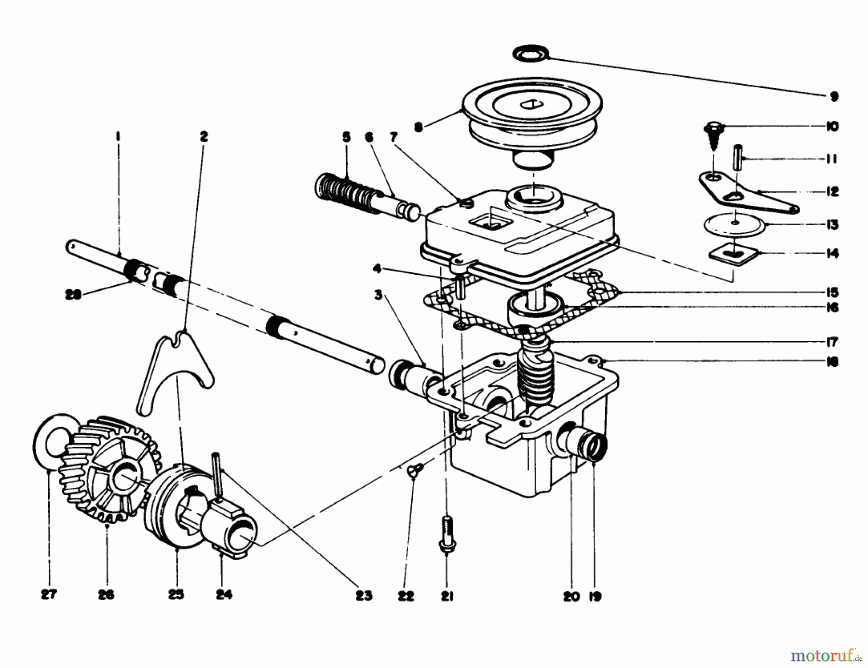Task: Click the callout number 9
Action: pyautogui.click(x=834, y=96)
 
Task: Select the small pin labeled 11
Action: pyautogui.click(x=737, y=157)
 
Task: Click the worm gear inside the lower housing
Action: pyautogui.click(x=534, y=374)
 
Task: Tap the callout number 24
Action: pyautogui.click(x=224, y=595)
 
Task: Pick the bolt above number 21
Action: pyautogui.click(x=446, y=533)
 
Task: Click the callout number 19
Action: pyautogui.click(x=596, y=597)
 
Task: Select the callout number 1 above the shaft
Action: pyautogui.click(x=117, y=137)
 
